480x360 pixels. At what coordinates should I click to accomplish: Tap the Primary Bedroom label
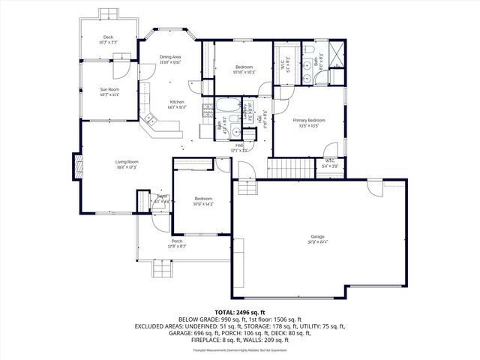pos(308,120)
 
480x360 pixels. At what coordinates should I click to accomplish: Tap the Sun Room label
pos(109,90)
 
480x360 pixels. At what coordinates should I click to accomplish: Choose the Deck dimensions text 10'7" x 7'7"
pos(109,43)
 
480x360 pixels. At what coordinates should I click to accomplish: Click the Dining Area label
pos(169,57)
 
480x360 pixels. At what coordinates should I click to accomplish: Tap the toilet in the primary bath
pos(308,50)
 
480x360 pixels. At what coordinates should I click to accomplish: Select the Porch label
pos(176,241)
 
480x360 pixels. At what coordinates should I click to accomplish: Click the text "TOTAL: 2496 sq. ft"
pos(240,311)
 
